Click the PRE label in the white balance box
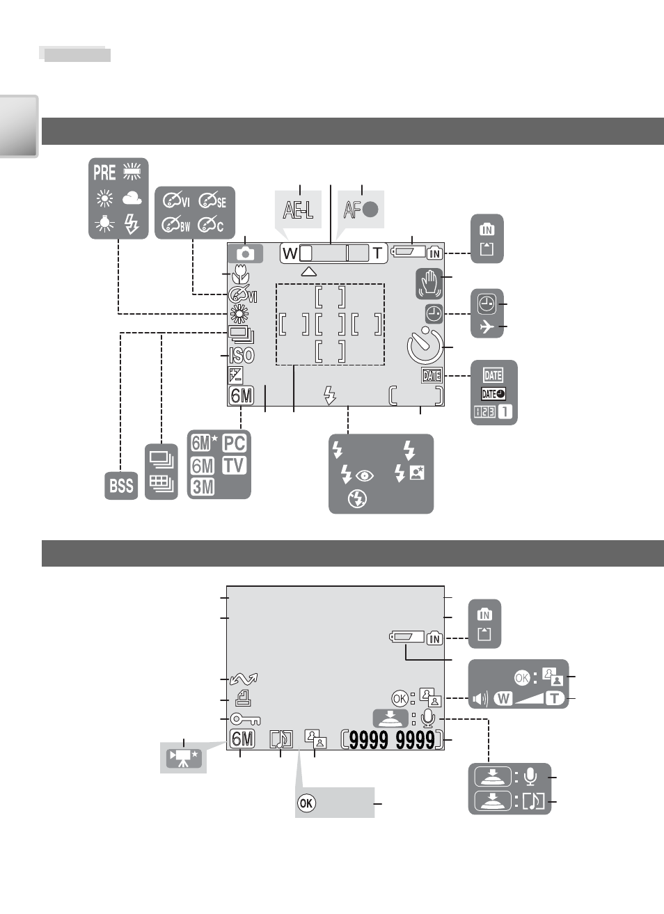point(104,172)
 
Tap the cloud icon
point(132,198)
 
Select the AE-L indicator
point(298,210)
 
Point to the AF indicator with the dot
point(361,210)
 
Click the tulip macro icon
point(241,274)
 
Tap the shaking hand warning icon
point(429,283)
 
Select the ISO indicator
point(242,356)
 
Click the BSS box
point(121,486)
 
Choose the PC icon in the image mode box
point(235,443)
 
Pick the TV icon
point(235,465)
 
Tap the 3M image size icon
point(203,487)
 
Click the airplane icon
point(487,327)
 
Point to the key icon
point(245,718)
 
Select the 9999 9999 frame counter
point(392,740)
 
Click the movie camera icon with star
point(184,758)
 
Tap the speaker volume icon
point(480,699)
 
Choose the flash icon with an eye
point(357,475)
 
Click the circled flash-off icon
point(357,498)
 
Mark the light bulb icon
point(104,223)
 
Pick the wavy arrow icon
point(244,679)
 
